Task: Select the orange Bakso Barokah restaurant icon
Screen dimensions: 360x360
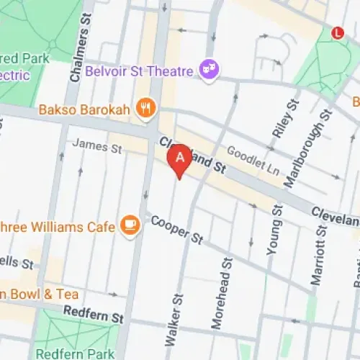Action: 146,108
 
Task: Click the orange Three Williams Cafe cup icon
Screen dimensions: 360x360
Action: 130,225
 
